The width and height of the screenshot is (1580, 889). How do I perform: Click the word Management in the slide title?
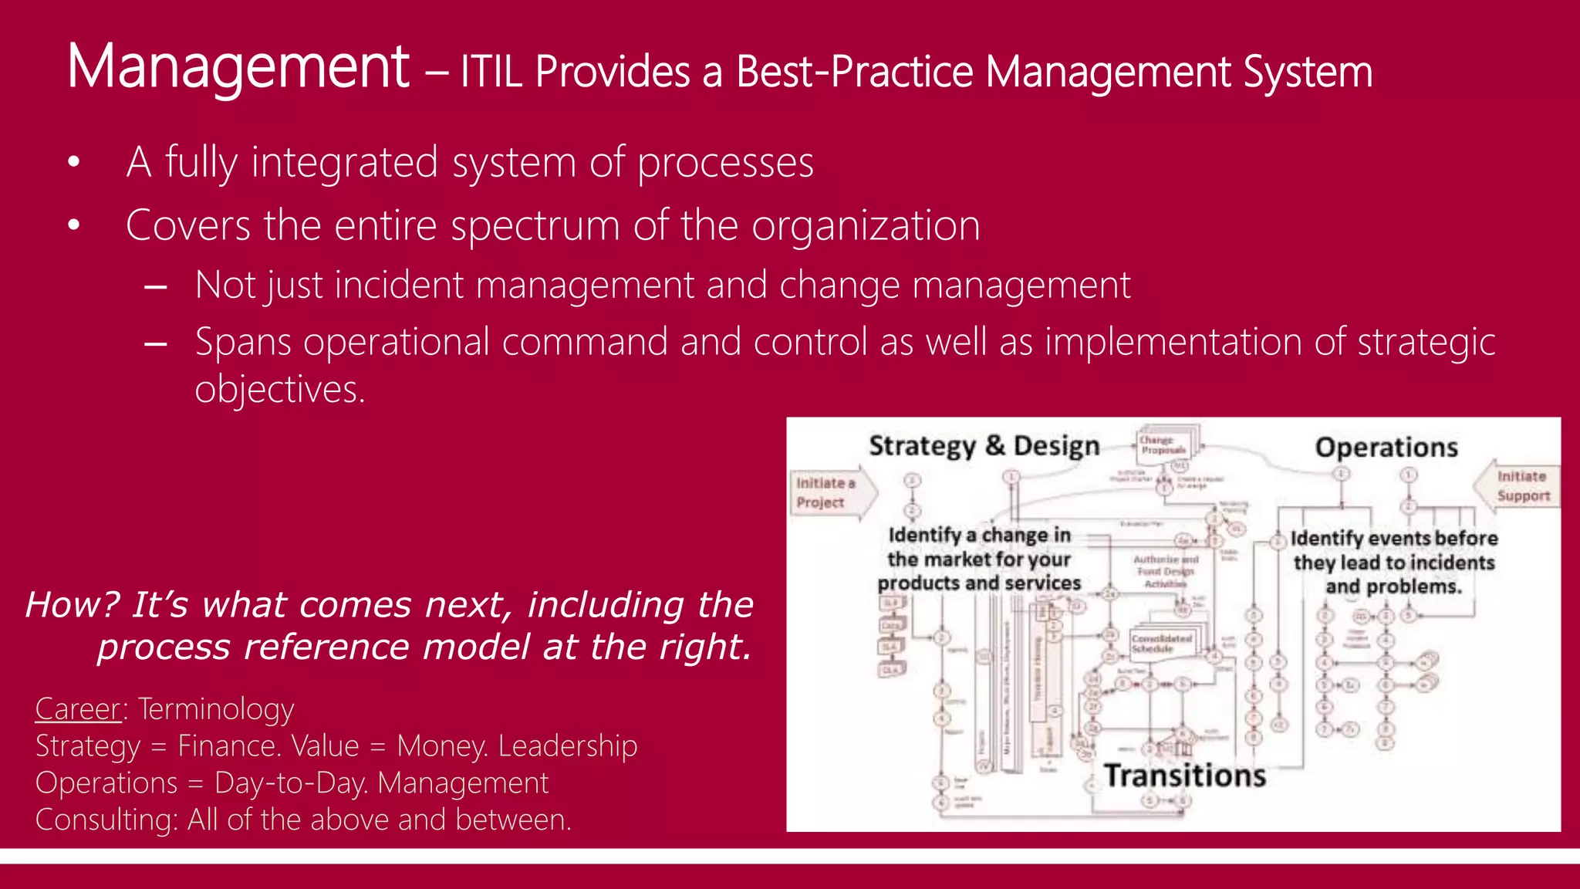238,68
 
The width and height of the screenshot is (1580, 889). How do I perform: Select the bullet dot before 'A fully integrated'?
74,163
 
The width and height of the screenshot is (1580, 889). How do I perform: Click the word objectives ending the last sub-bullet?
279,389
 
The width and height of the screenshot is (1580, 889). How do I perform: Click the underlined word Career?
78,708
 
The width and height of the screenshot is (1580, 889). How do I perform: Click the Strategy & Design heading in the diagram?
984,446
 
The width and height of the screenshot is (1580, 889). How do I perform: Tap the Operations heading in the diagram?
1386,448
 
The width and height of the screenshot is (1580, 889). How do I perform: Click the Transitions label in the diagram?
1184,776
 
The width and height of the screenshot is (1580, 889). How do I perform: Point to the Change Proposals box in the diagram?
1163,445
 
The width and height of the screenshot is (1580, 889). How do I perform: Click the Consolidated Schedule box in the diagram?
1162,644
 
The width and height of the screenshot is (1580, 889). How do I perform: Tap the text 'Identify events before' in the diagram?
1393,539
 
